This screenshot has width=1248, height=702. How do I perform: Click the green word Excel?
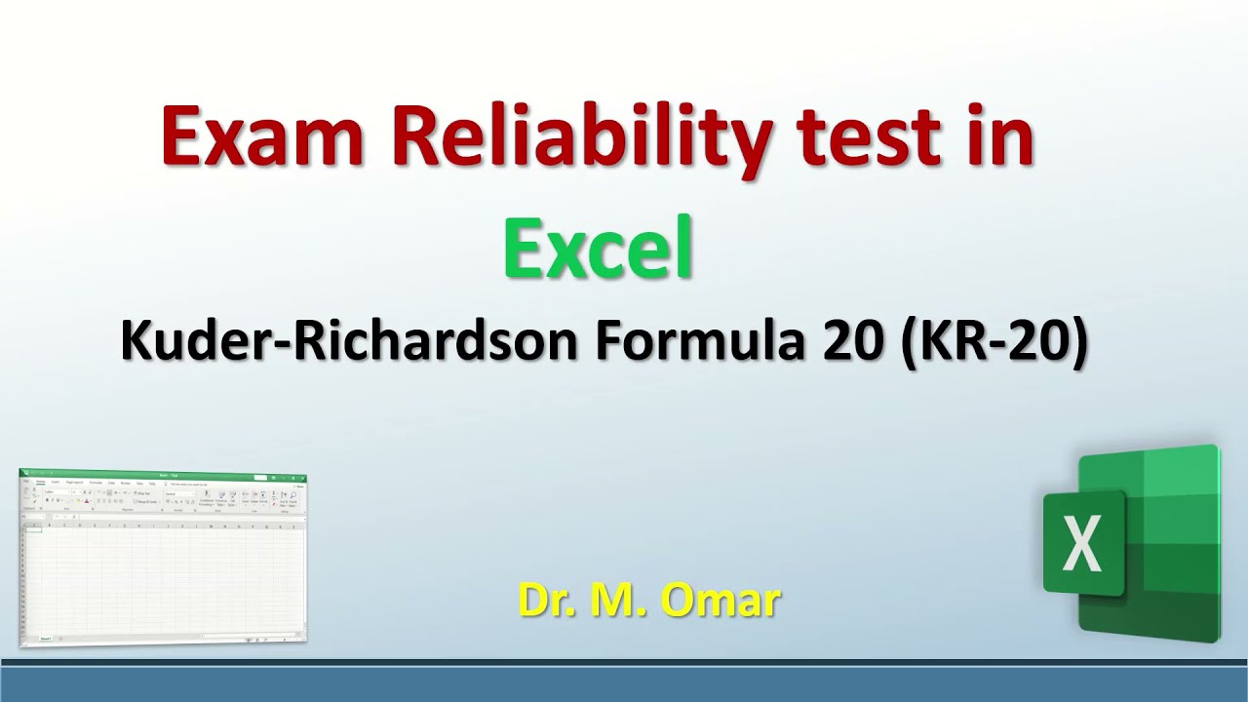(599, 250)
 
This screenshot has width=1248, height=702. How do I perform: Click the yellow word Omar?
(722, 601)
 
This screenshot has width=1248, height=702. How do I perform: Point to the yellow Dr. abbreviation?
(547, 601)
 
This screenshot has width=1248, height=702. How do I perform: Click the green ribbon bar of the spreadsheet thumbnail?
(162, 474)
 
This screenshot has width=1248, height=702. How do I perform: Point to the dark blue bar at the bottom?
(624, 683)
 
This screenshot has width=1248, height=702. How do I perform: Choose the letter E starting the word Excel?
(523, 250)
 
